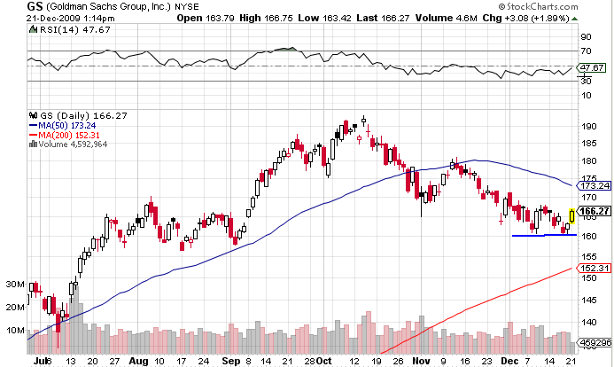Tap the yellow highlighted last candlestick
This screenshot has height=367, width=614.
pos(572,215)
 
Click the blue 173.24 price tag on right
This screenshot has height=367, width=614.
pos(595,186)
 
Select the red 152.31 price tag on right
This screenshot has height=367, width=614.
pos(595,268)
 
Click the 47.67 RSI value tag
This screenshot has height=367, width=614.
pos(592,67)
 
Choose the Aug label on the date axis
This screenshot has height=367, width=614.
pos(138,362)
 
